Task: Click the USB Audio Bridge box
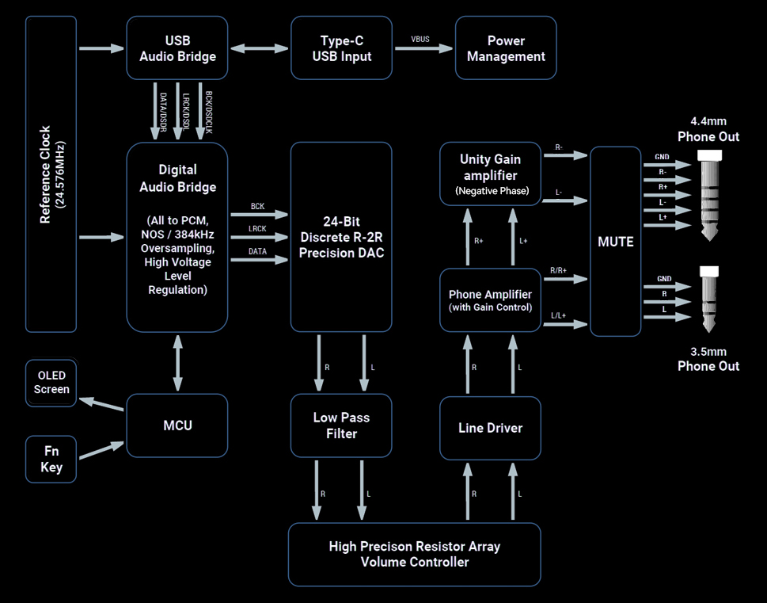tap(177, 48)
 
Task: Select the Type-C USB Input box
tap(341, 48)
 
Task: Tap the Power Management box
tap(506, 48)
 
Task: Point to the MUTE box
tap(615, 242)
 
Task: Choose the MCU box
tap(177, 426)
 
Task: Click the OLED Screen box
tap(51, 383)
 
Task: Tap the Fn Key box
tap(51, 459)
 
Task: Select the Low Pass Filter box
tap(341, 426)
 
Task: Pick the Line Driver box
tap(490, 428)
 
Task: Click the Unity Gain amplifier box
tap(490, 174)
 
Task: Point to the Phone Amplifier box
tap(490, 300)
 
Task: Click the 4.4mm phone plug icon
tap(710, 194)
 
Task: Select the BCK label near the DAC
tap(257, 207)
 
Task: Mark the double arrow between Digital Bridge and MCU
tap(177, 363)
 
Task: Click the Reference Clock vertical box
tap(51, 174)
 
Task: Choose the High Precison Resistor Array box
tap(414, 554)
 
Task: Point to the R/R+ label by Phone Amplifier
tap(558, 271)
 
